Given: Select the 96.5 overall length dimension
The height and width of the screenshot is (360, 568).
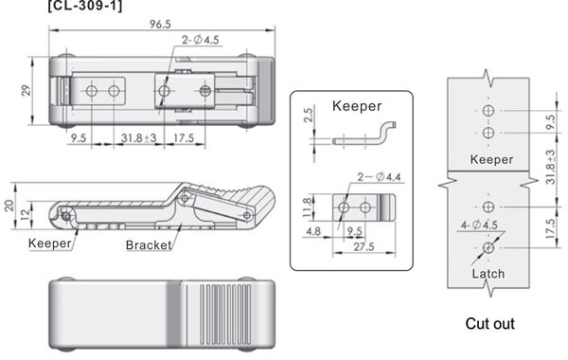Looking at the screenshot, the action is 160,25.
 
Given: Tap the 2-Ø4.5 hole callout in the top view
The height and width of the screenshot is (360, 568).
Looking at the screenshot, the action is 201,40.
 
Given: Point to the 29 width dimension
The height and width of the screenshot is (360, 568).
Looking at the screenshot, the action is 26,90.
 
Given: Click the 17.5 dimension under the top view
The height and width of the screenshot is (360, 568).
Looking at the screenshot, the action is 184,138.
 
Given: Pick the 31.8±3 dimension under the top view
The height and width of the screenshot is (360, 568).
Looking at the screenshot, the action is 139,138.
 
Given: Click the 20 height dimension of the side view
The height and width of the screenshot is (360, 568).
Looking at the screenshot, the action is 9,206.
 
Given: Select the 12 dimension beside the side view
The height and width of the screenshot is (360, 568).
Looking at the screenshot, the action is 25,215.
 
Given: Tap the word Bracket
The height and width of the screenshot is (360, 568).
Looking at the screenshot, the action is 149,245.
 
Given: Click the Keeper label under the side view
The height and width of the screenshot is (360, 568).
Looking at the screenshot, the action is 49,243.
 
